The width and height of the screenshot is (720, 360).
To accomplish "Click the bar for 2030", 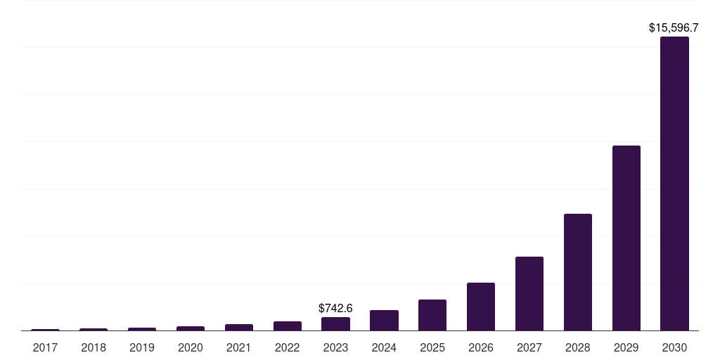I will tap(674, 184).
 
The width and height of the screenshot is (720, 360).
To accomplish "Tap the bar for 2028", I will tap(577, 272).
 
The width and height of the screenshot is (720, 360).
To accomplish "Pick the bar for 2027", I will tap(529, 293).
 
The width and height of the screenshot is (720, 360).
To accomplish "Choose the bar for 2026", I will tap(481, 307).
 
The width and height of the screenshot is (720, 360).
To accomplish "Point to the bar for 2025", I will tap(432, 315).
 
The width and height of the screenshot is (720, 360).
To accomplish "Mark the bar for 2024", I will tap(384, 320).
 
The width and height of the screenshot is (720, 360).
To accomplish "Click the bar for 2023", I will tap(335, 323).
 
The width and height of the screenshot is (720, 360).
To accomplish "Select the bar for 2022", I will tap(287, 326).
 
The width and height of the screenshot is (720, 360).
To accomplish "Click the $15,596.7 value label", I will tap(673, 28).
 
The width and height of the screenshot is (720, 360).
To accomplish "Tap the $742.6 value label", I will tap(335, 308).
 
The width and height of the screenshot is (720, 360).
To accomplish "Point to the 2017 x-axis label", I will tap(45, 347).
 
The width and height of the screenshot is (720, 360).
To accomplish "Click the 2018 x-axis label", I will tap(94, 347).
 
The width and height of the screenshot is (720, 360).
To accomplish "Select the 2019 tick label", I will tap(142, 347).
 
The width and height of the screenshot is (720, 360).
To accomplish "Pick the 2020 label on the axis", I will tap(191, 347).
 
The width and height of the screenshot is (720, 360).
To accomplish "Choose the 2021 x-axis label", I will tap(239, 347).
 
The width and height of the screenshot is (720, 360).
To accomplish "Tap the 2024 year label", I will tap(384, 347).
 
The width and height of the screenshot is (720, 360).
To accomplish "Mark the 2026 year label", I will tap(481, 347).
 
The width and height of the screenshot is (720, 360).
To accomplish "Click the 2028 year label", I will tap(577, 347).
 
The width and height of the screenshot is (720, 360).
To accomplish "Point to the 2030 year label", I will tap(674, 347).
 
